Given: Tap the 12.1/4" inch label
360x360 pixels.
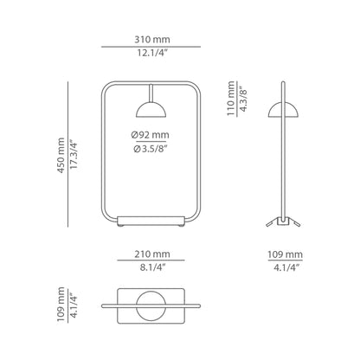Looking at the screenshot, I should (152, 56).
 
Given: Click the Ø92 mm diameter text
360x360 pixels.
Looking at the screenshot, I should (152, 134).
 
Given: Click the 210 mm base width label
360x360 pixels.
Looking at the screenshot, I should (152, 254).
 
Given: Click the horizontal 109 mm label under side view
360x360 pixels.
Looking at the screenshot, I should (286, 254).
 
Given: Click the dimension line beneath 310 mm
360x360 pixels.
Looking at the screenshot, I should (152, 47).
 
